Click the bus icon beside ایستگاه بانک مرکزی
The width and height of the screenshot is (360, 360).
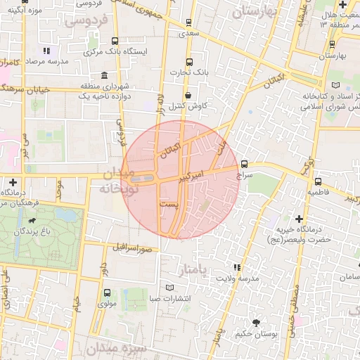tap(115, 41)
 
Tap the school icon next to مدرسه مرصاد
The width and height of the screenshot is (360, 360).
tap(46, 51)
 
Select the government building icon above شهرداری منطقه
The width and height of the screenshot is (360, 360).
tap(103, 75)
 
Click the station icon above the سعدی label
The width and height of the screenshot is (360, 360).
tap(188, 22)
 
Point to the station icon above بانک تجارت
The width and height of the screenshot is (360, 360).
tap(188, 60)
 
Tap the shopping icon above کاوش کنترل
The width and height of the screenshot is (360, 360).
tap(188, 95)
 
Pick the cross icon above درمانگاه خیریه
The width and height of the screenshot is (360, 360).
tap(300, 219)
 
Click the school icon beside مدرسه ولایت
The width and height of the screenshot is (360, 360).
tap(237, 267)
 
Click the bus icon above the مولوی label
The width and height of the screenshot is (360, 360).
tap(107, 292)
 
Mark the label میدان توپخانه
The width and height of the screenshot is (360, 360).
tap(119, 181)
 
